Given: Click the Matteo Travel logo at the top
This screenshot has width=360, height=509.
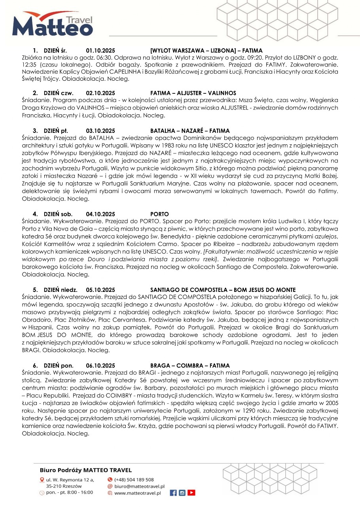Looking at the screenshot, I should coord(52,25).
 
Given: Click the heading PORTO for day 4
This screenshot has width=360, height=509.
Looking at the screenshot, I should coord(159,214).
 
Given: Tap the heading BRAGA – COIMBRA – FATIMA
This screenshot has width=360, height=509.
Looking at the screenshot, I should coord(190,365).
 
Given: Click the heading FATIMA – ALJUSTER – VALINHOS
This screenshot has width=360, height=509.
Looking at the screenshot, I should coord(193,93).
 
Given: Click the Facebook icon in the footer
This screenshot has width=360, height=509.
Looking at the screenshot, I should coord(173,493).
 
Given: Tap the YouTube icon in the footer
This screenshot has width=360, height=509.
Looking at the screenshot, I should coord(191,493).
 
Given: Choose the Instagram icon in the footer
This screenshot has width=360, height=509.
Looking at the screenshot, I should coord(182,493).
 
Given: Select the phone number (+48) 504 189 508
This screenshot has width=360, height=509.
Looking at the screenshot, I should coord(134,479).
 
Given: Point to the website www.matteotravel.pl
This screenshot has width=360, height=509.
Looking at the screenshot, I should coord(137,493).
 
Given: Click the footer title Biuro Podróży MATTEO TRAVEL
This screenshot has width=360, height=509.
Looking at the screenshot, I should coord(86,470).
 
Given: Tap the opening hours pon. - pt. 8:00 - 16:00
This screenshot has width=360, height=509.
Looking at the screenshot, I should coord(70,492).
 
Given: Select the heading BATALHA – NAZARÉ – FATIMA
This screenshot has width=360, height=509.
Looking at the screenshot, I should coord(190,131).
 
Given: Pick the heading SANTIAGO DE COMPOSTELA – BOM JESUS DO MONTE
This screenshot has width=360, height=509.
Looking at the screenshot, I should coord(223,290).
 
